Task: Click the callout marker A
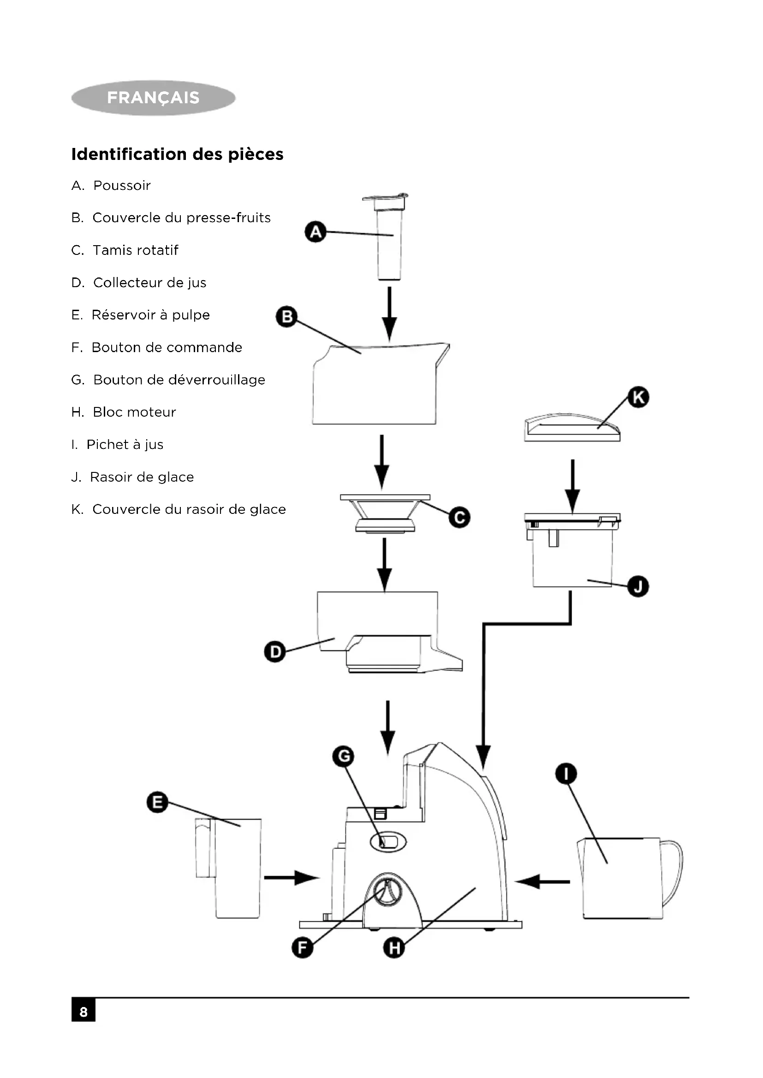tap(315, 232)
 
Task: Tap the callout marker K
tap(638, 397)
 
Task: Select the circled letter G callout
tap(343, 756)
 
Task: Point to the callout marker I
tap(566, 773)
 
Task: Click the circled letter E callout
tap(157, 802)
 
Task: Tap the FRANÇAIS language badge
tap(153, 98)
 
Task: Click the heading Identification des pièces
tap(177, 154)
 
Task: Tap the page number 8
tap(83, 1012)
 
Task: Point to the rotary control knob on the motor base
tap(387, 891)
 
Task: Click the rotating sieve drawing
tap(385, 512)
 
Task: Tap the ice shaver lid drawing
tap(572, 427)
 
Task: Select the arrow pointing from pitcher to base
tap(542, 881)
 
